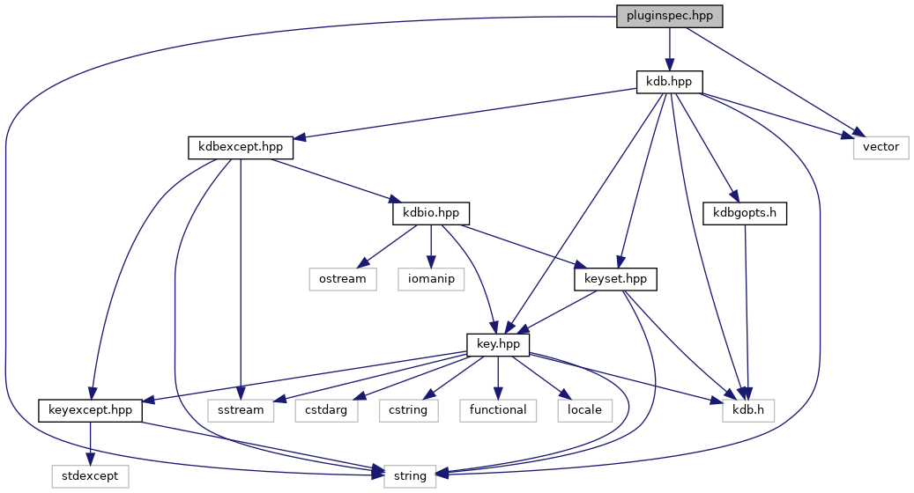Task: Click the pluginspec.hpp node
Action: click(x=669, y=16)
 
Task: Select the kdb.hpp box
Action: click(x=669, y=81)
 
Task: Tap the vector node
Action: click(x=880, y=147)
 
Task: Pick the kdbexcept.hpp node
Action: click(x=240, y=147)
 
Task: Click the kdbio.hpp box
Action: click(x=430, y=213)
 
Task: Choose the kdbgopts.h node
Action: click(x=744, y=213)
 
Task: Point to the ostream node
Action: click(x=342, y=278)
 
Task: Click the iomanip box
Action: click(x=431, y=278)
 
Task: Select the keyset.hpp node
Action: click(x=615, y=278)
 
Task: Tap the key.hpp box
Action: click(x=497, y=344)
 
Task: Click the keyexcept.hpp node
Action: click(x=91, y=410)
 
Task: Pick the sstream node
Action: click(x=241, y=410)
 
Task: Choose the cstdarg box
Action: click(x=325, y=410)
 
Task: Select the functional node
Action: click(x=497, y=410)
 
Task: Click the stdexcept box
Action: click(x=91, y=476)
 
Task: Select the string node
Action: click(x=410, y=476)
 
